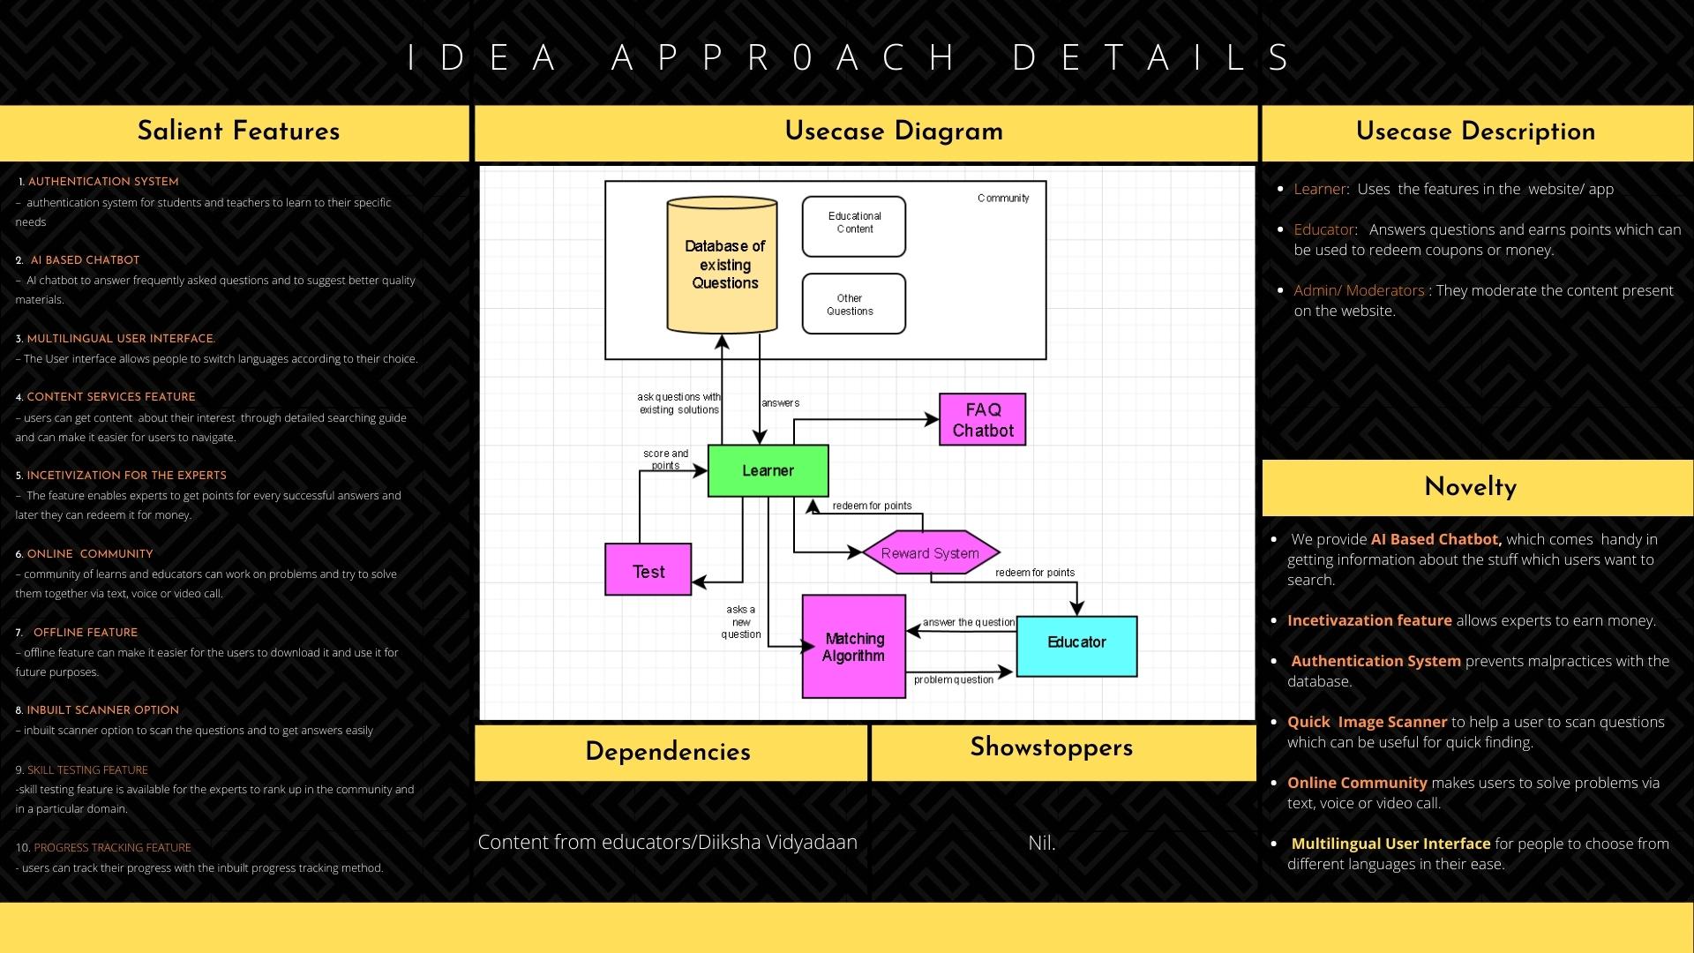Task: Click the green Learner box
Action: coord(768,470)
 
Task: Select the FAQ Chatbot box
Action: coord(982,419)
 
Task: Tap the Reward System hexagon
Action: coord(930,553)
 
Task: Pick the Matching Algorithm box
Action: coord(853,647)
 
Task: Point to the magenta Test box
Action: coord(648,571)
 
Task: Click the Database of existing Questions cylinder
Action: coord(723,265)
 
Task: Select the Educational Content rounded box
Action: coord(853,227)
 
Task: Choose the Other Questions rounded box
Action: coord(853,304)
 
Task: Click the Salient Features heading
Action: coord(238,131)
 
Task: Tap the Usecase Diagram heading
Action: coord(893,131)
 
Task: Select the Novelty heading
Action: coord(1470,487)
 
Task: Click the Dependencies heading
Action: coord(668,752)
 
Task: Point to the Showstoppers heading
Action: coord(1051,747)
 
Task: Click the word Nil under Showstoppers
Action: coord(1041,843)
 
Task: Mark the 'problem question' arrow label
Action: coord(953,679)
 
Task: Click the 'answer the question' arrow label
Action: coord(968,622)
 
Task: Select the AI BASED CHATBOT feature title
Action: coord(85,260)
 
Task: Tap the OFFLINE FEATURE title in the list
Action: coord(86,633)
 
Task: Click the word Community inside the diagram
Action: coord(1003,199)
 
